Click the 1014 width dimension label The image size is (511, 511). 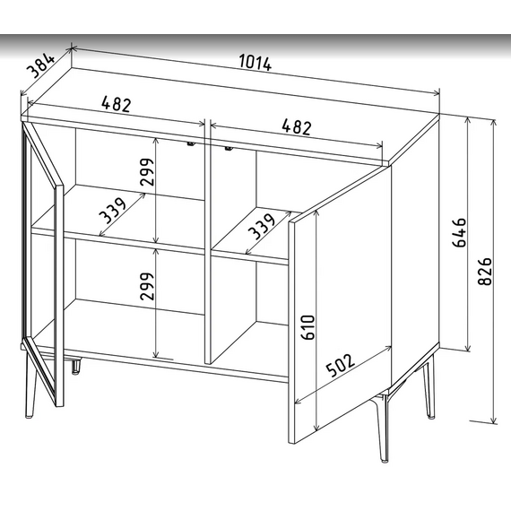tap(255, 63)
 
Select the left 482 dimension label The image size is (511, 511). tap(117, 104)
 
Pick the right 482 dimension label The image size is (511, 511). tap(297, 126)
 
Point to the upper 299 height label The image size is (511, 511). tap(146, 172)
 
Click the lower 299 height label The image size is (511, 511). tap(146, 286)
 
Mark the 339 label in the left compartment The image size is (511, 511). tap(112, 211)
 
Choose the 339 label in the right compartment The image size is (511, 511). tap(262, 226)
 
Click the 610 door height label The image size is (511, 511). tap(308, 327)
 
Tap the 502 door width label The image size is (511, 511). tap(341, 365)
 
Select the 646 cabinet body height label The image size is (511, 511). tap(459, 233)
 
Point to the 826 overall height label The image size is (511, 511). tap(485, 271)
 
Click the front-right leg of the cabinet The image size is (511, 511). tap(381, 427)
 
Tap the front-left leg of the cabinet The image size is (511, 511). tap(30, 384)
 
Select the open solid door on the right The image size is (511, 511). tap(340, 305)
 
